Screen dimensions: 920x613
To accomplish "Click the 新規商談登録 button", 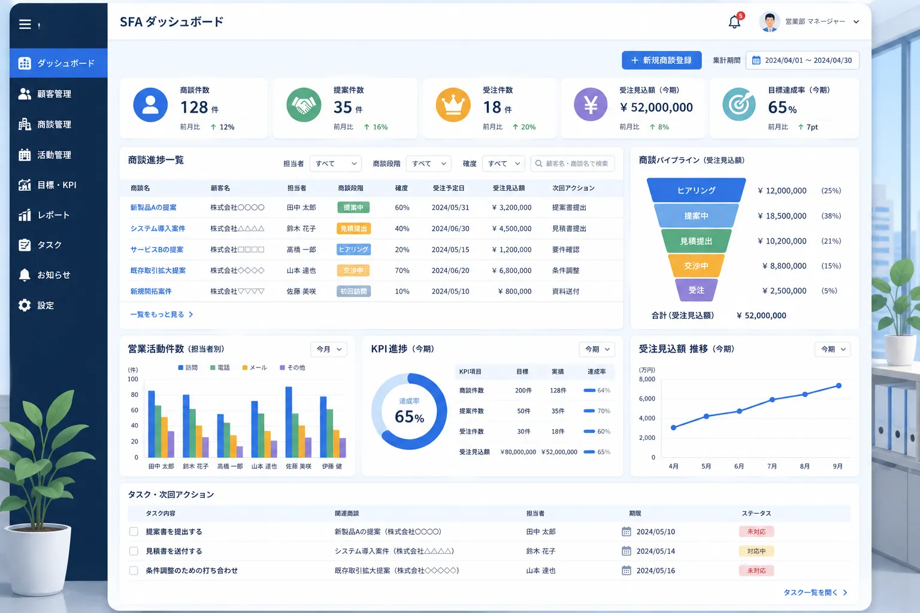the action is tap(661, 60).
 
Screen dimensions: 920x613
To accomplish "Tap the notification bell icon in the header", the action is tap(734, 22).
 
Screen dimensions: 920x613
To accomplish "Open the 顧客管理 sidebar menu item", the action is tap(45, 93).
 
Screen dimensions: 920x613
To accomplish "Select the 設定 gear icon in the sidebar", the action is tap(25, 305).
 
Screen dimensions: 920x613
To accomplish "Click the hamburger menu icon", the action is tap(25, 24).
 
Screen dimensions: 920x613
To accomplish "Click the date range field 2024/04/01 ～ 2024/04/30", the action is tap(802, 60).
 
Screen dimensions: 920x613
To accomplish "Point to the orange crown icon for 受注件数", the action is tap(453, 105).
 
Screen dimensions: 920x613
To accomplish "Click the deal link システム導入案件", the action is tap(158, 228).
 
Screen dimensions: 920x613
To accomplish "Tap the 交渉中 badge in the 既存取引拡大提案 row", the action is tap(353, 270).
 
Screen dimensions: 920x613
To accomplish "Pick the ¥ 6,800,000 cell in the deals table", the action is tap(512, 270).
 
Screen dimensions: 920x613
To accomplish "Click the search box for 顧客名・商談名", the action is tap(573, 163).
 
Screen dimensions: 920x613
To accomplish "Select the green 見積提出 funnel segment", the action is tap(696, 241).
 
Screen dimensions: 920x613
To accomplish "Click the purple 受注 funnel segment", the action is tap(696, 290).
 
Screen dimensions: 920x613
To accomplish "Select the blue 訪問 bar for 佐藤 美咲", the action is tap(289, 421).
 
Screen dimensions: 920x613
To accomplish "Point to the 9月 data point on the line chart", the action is tap(839, 386).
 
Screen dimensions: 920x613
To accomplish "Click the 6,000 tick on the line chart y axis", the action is tap(647, 398).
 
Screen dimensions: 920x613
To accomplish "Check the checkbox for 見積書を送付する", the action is tap(134, 551).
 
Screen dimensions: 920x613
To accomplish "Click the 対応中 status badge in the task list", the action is tap(756, 551).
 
